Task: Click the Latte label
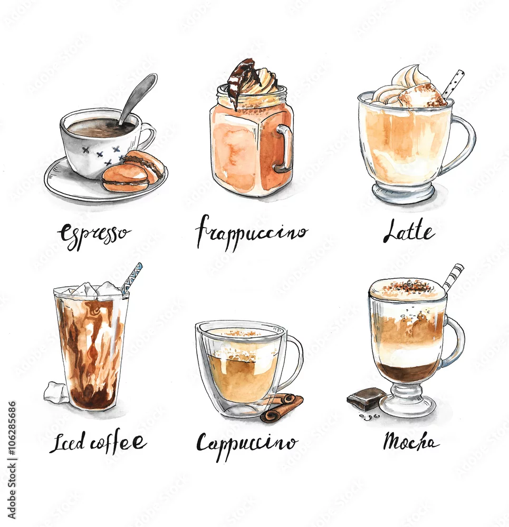[x=409, y=231]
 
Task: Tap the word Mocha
[x=411, y=442]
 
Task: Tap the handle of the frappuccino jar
[x=285, y=149]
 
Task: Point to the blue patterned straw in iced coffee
[x=132, y=279]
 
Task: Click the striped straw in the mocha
[x=453, y=277]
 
